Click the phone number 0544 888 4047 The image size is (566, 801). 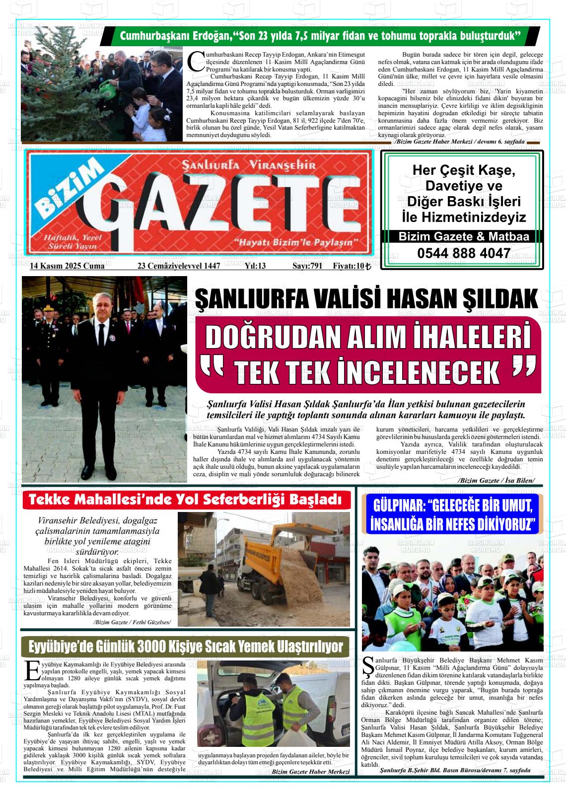pos(463,253)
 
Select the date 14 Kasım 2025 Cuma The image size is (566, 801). pos(67,266)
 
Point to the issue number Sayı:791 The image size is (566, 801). pos(307,266)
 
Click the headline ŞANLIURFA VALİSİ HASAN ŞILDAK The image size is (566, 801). pos(366,298)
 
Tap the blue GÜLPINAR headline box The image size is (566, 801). pos(452,514)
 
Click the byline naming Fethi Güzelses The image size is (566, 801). pos(132,622)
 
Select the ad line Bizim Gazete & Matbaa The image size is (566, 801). pos(463,237)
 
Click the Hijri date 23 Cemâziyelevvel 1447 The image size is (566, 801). pos(178,266)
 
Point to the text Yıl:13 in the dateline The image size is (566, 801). pos(255,266)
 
